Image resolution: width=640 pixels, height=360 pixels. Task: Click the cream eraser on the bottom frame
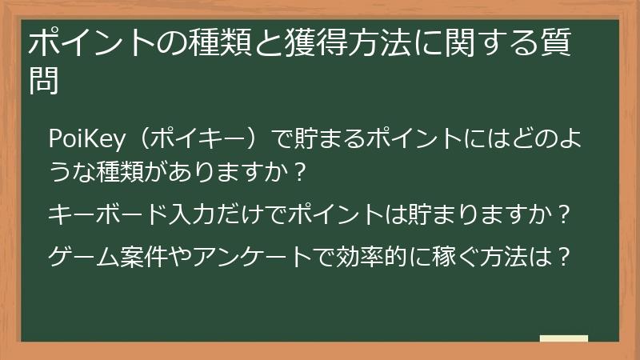click(564, 338)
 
